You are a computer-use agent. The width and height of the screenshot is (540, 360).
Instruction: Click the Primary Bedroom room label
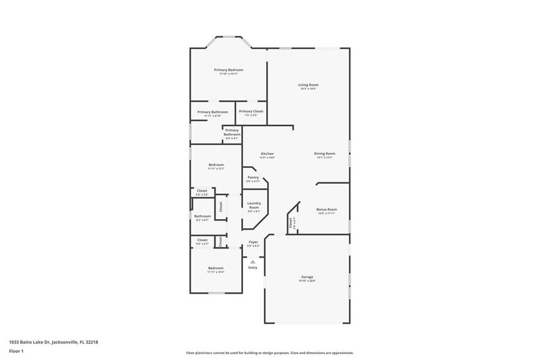pos(228,70)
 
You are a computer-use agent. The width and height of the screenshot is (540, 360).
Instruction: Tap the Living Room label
pos(308,85)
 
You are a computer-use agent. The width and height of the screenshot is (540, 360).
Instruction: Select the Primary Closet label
pos(251,111)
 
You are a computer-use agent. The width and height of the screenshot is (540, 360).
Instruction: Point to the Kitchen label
pos(267,154)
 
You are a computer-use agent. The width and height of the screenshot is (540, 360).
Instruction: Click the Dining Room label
pos(324,154)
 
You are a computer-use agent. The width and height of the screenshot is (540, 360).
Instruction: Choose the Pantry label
pos(253,178)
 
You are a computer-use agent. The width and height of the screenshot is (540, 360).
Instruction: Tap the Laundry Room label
pos(253,206)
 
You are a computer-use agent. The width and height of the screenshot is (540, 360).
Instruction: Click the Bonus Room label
pos(326,210)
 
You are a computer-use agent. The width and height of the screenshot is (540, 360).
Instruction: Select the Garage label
pos(307,277)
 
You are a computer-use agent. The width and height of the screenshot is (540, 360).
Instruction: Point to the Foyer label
pos(253,242)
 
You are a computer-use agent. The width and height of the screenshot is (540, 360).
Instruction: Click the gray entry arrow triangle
pos(252,261)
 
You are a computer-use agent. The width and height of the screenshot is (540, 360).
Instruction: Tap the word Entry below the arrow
pos(252,268)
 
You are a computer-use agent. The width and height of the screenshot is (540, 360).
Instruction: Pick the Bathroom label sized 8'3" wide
pos(203,216)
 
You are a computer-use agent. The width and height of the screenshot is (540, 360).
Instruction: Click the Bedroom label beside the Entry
pos(216,268)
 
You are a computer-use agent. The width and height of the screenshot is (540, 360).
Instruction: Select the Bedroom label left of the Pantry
pos(216,165)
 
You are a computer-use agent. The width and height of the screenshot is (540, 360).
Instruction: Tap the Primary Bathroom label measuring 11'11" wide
pos(212,112)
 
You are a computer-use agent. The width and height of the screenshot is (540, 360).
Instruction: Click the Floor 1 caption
pos(16,351)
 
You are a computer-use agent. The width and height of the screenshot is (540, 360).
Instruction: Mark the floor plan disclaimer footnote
pos(269,353)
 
